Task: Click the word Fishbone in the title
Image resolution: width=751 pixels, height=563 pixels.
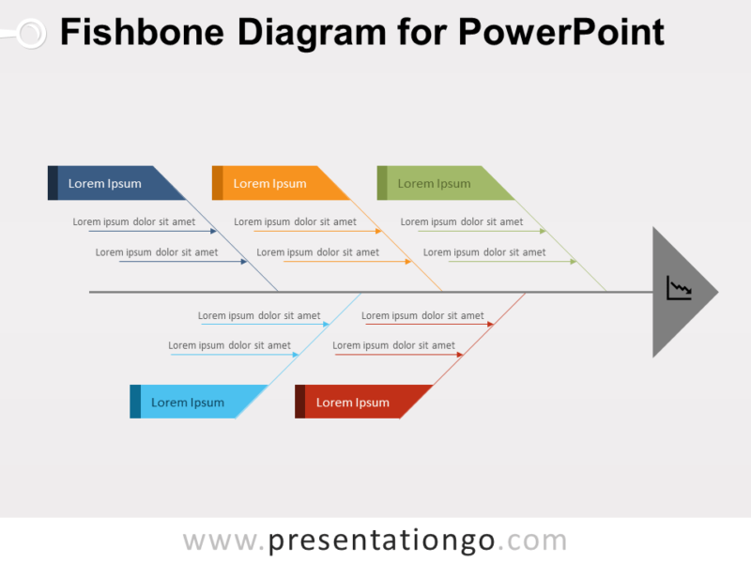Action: (x=142, y=33)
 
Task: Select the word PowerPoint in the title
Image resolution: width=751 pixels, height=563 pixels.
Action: (x=561, y=33)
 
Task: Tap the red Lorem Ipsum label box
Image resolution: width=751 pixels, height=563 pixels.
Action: (x=358, y=402)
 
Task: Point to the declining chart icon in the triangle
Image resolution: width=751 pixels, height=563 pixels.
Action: (x=679, y=288)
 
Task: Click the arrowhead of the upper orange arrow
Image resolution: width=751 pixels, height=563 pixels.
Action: (x=378, y=231)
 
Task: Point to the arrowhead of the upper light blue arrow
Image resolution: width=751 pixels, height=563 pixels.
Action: (x=326, y=325)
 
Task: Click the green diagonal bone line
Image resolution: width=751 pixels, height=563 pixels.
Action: (x=563, y=247)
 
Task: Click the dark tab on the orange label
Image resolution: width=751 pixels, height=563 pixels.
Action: (x=217, y=183)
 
